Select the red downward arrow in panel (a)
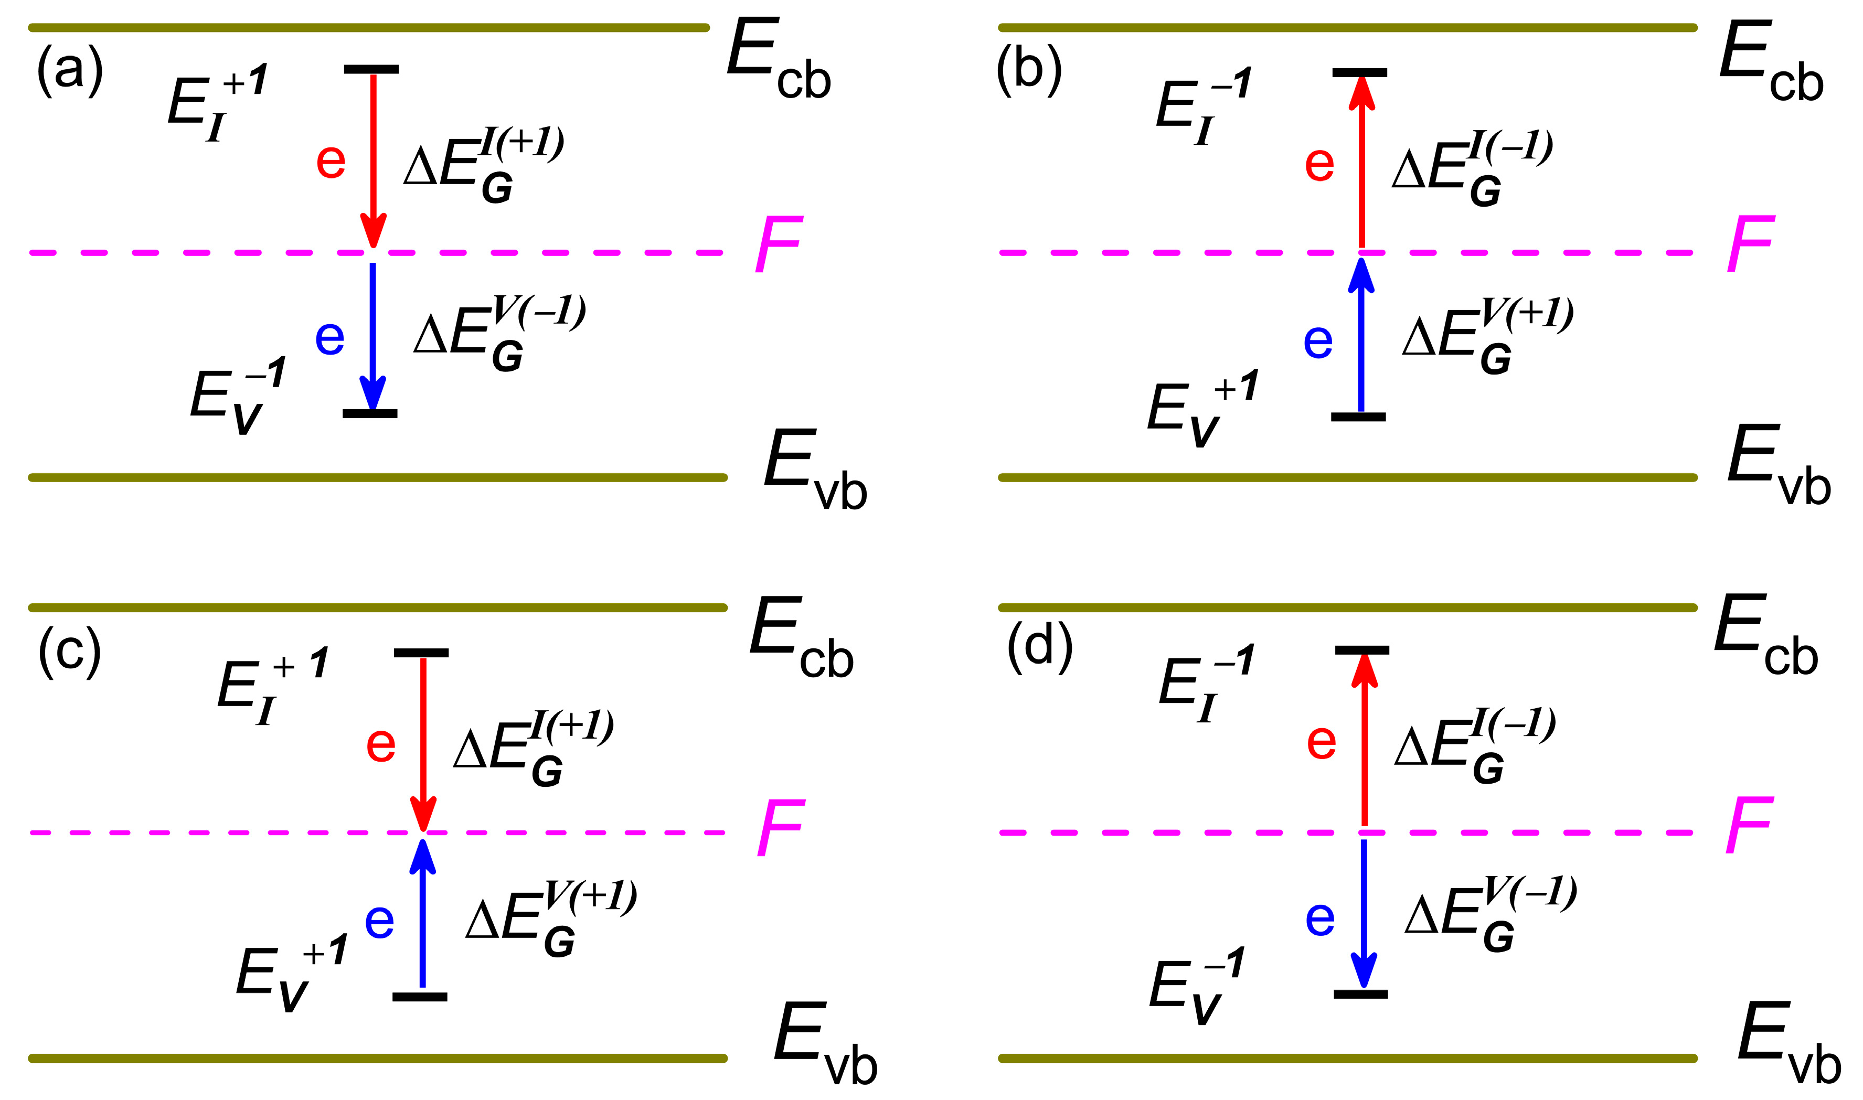click(373, 156)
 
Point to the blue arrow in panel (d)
click(1364, 912)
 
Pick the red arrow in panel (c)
click(423, 741)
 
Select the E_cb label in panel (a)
click(779, 59)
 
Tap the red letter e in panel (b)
click(1319, 165)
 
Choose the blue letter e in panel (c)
click(379, 921)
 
